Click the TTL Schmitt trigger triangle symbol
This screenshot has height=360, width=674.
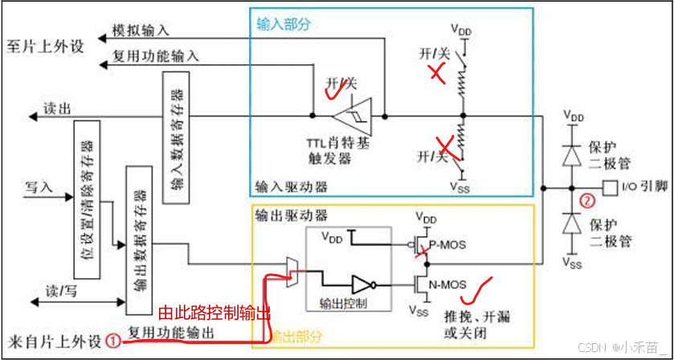(x=357, y=116)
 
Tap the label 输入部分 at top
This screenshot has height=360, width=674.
(x=283, y=24)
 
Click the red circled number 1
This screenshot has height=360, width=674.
(x=115, y=341)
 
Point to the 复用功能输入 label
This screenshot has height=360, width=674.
(x=159, y=56)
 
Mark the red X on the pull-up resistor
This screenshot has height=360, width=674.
(x=436, y=74)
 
